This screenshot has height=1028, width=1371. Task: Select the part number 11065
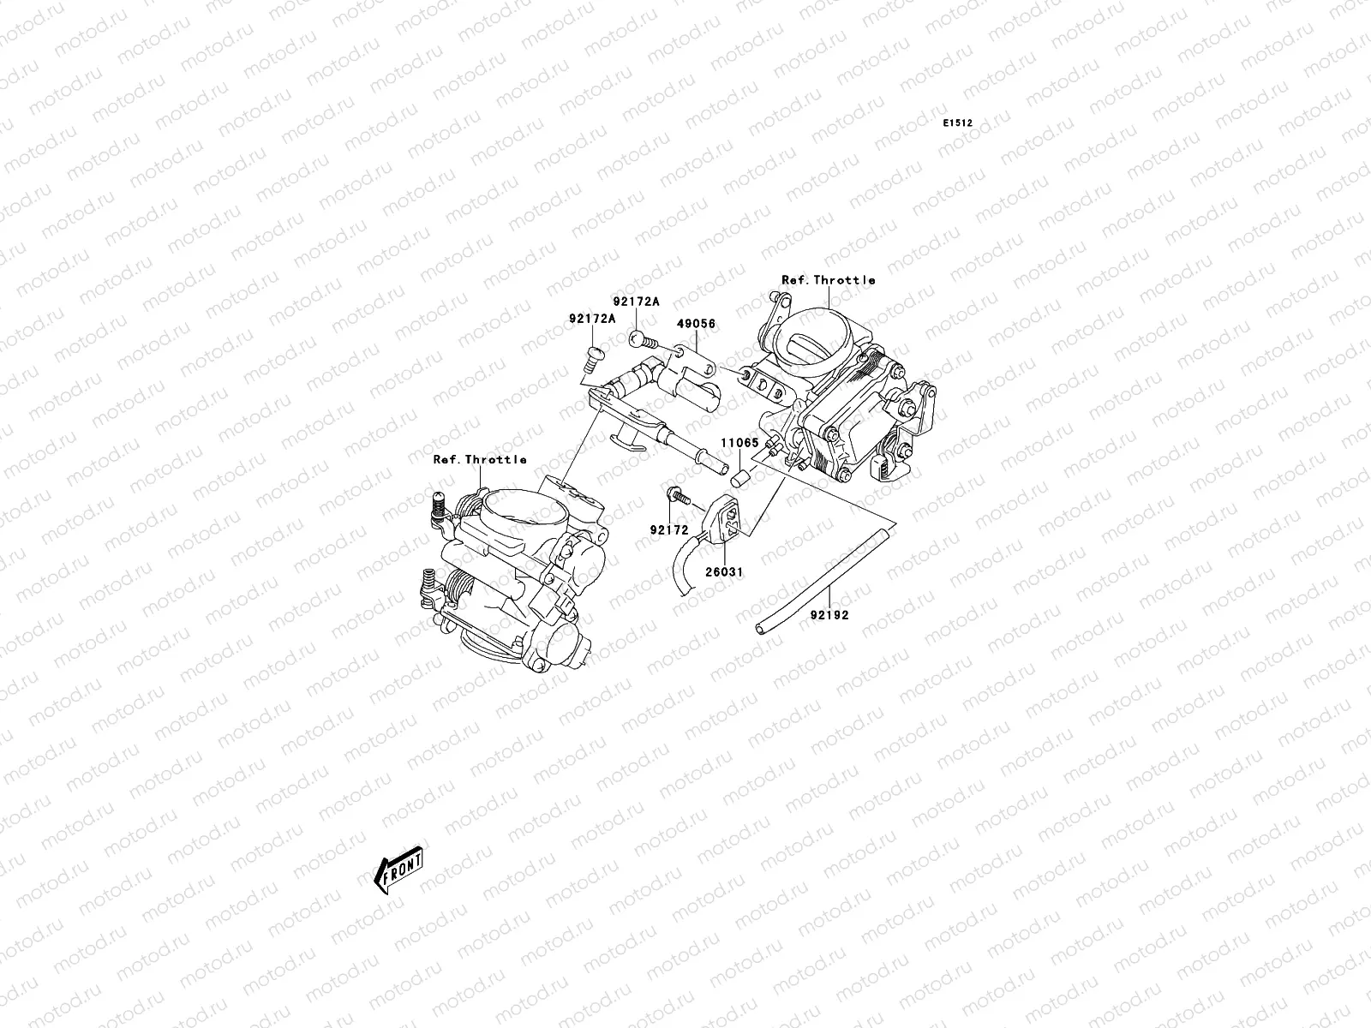pyautogui.click(x=739, y=443)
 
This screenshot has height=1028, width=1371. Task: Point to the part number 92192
pyautogui.click(x=829, y=614)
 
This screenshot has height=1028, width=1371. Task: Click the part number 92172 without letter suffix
pyautogui.click(x=668, y=530)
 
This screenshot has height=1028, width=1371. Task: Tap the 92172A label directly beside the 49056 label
pyautogui.click(x=636, y=302)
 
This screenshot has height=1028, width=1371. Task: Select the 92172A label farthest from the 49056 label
pyautogui.click(x=592, y=319)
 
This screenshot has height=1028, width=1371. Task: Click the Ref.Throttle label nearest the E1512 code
pyautogui.click(x=828, y=280)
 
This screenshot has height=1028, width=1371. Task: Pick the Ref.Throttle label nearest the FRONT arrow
pyautogui.click(x=479, y=460)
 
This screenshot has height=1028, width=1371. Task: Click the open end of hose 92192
pyautogui.click(x=761, y=630)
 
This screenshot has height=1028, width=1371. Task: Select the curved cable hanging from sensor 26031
pyautogui.click(x=683, y=570)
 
